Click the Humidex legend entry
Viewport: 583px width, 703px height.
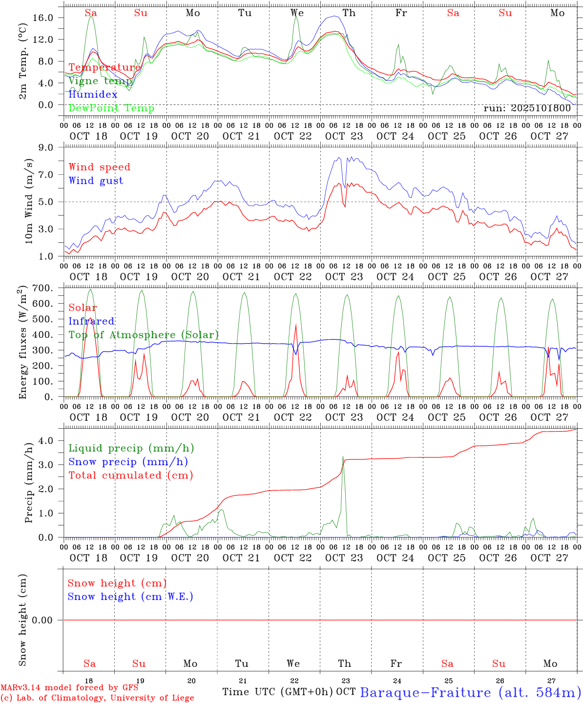click(x=93, y=95)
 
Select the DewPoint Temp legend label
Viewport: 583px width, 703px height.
click(x=111, y=108)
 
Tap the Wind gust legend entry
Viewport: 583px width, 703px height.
click(x=96, y=181)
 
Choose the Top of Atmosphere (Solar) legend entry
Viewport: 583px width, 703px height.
click(x=144, y=335)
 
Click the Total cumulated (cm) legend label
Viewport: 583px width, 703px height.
click(x=131, y=476)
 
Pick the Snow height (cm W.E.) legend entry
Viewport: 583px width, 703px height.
click(x=130, y=597)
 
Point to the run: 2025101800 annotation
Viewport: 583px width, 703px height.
click(x=527, y=108)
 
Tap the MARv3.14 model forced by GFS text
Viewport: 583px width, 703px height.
click(x=69, y=688)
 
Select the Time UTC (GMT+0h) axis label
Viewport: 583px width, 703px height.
click(x=278, y=692)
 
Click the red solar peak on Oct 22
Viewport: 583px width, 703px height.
click(x=296, y=325)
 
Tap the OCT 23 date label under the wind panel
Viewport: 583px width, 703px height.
click(x=344, y=277)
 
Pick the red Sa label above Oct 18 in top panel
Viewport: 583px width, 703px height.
click(x=91, y=13)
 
